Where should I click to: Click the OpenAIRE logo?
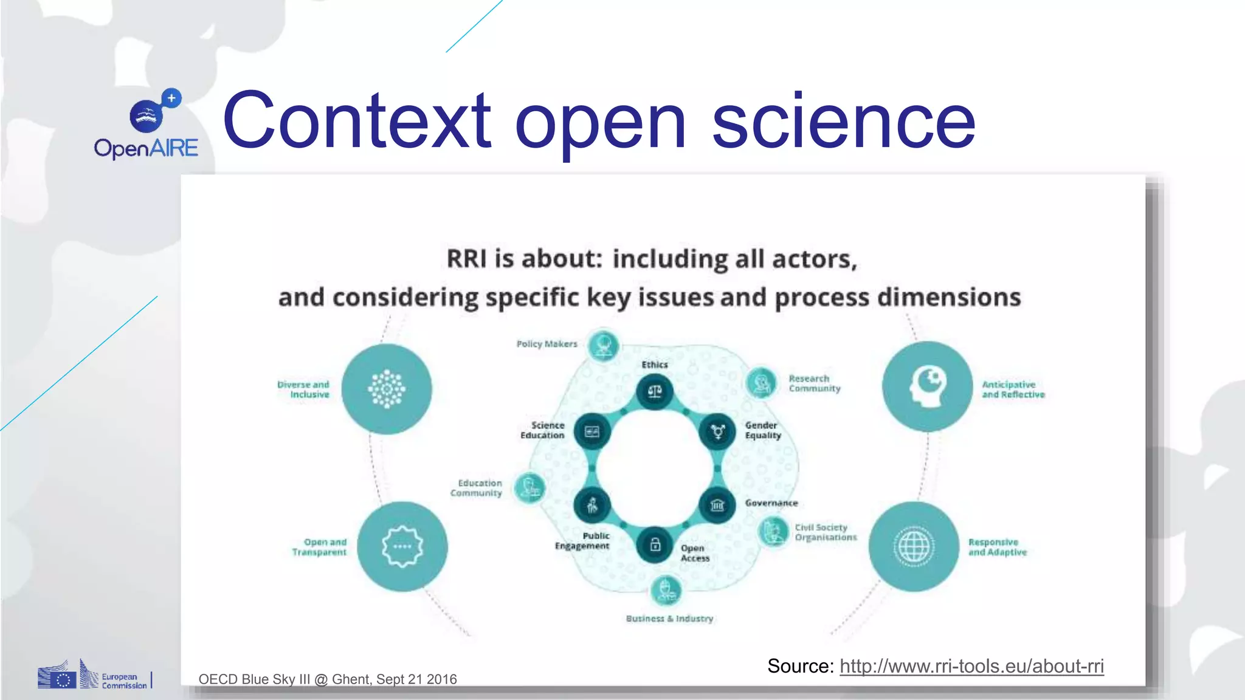click(147, 125)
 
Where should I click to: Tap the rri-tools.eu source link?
click(971, 666)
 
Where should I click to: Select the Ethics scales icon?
click(655, 392)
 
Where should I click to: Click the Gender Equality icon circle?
click(717, 431)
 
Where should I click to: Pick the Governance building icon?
click(717, 504)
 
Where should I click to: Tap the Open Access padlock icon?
click(655, 544)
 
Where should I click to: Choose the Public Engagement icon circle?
click(592, 504)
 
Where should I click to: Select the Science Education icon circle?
click(592, 431)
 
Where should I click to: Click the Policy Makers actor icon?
click(604, 346)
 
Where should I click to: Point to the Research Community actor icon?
click(761, 383)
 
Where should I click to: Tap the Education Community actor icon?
click(529, 487)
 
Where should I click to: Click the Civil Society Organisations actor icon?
click(774, 532)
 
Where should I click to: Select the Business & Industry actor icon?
click(666, 589)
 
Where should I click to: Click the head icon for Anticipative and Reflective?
click(927, 386)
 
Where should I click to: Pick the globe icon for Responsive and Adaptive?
click(914, 546)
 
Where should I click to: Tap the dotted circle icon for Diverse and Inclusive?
click(387, 389)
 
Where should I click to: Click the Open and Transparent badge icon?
click(402, 546)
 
